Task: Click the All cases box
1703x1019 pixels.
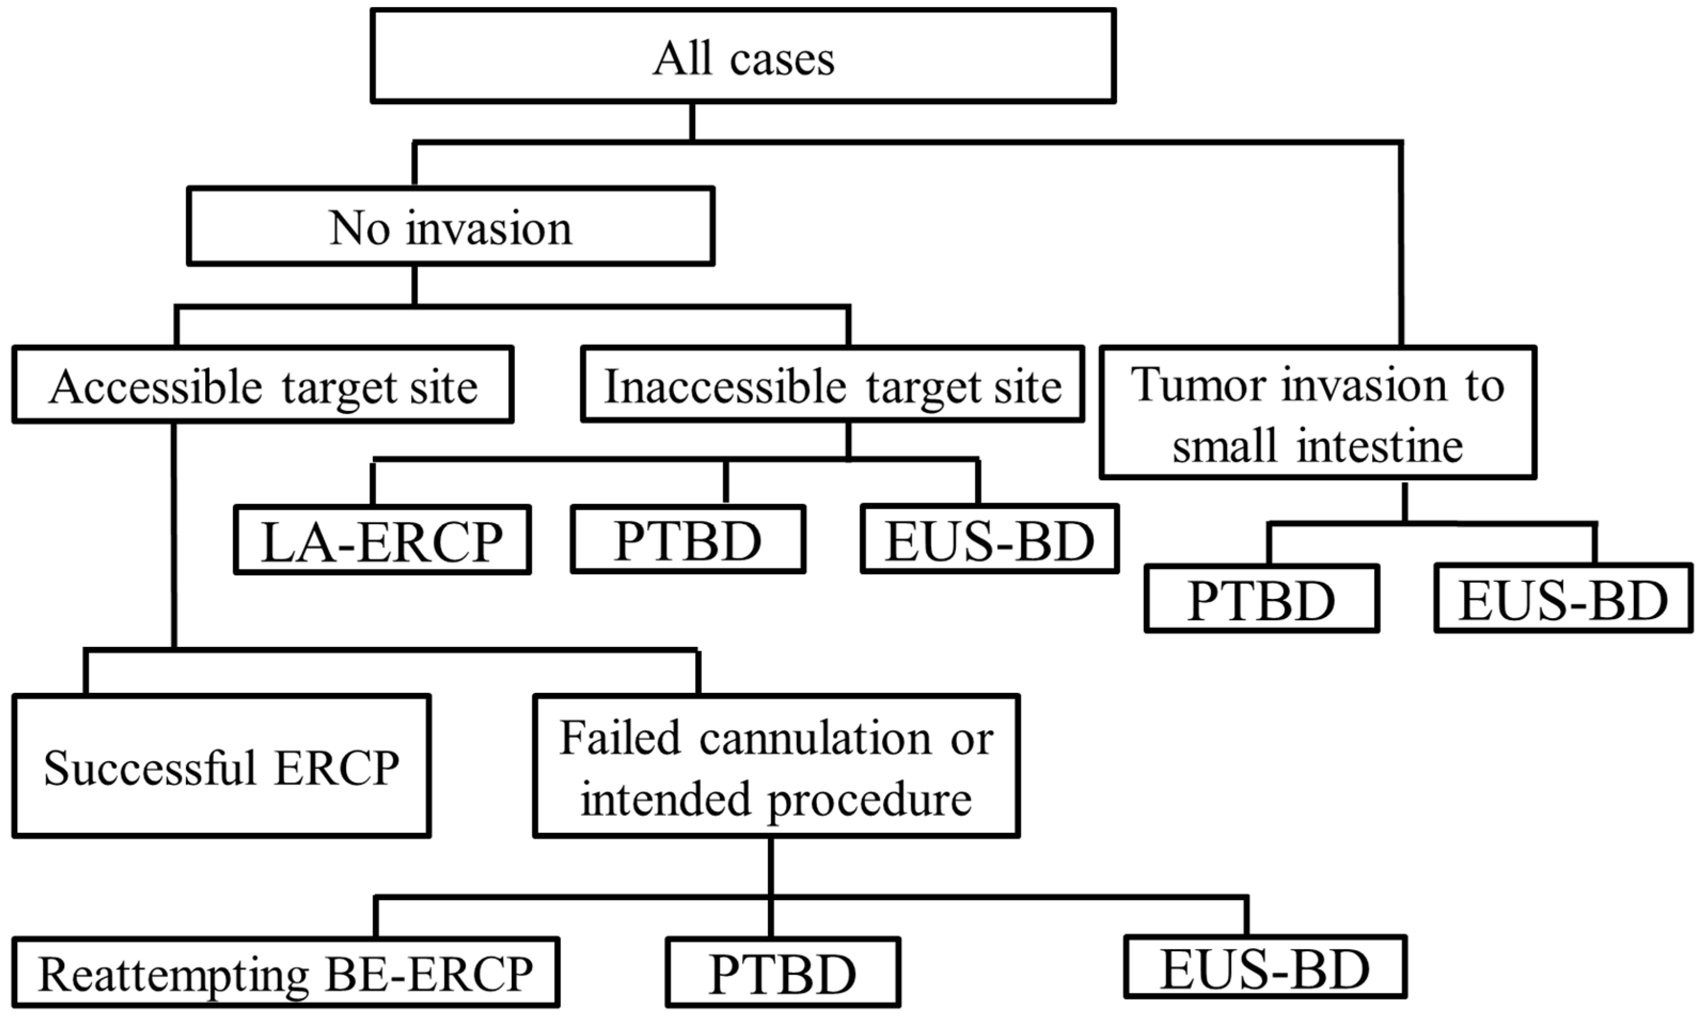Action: tap(743, 56)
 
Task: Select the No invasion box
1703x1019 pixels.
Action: tap(451, 227)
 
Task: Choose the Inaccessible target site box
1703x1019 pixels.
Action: tap(832, 385)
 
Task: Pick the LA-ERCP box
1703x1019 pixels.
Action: tap(382, 540)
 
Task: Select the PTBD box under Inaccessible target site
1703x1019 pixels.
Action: tap(688, 540)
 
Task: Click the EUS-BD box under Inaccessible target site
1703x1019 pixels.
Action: tap(990, 540)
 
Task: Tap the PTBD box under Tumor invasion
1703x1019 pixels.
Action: tap(1262, 599)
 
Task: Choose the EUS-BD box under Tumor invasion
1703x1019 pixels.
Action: tap(1563, 599)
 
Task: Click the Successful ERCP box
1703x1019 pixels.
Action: tap(221, 767)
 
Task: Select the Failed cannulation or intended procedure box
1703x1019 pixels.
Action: tap(776, 767)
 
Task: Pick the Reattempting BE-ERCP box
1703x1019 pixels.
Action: tap(286, 973)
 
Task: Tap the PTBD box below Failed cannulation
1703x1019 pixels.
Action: tap(783, 973)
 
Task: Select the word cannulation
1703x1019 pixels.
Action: tap(815, 738)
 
